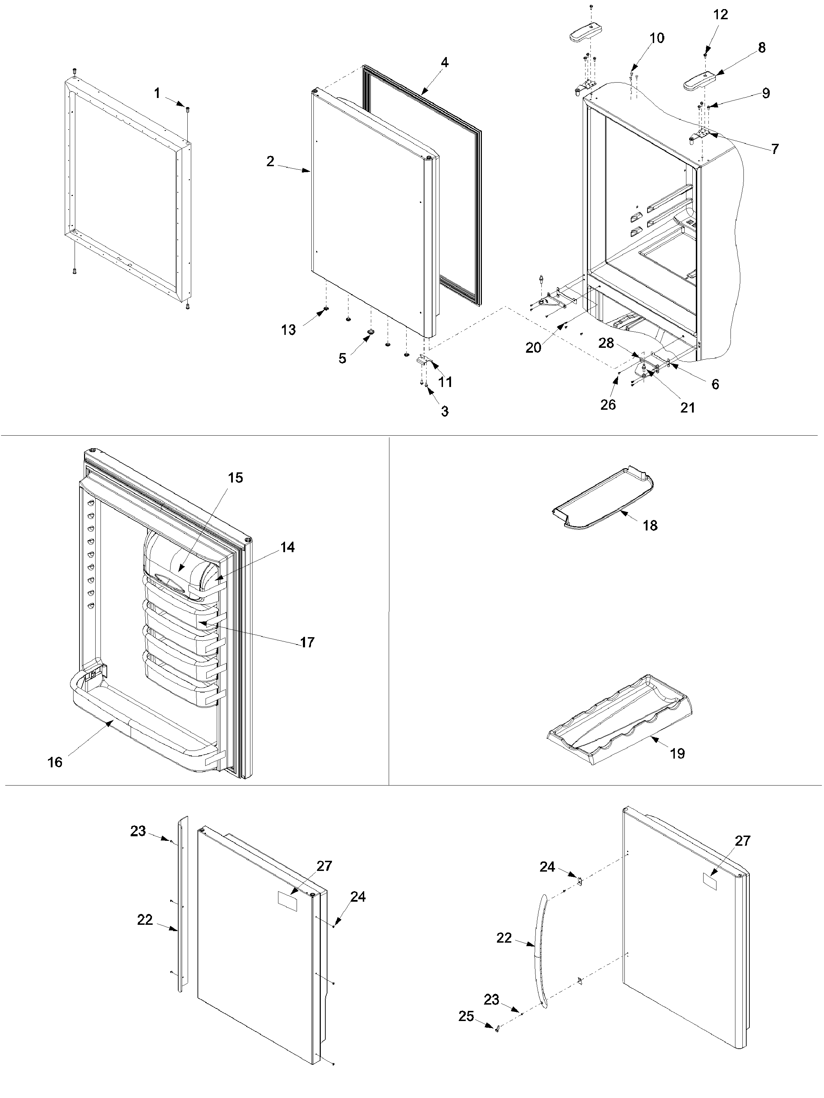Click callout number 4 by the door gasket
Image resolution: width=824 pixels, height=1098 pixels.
tap(444, 63)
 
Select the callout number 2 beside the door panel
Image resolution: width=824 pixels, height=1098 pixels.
tap(270, 161)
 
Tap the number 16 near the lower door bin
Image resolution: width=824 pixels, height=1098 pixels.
tap(55, 762)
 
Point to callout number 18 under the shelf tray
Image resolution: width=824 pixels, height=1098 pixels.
tap(650, 525)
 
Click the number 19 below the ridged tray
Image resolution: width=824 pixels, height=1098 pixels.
tap(678, 753)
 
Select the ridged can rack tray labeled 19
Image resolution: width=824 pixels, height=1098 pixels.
tap(621, 717)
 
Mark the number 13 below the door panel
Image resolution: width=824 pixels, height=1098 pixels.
tap(289, 330)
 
